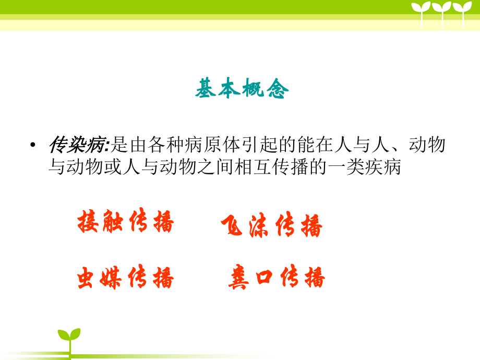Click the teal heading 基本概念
click(x=242, y=89)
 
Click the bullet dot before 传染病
click(x=33, y=146)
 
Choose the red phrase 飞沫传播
click(x=271, y=226)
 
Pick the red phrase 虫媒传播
click(x=125, y=277)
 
